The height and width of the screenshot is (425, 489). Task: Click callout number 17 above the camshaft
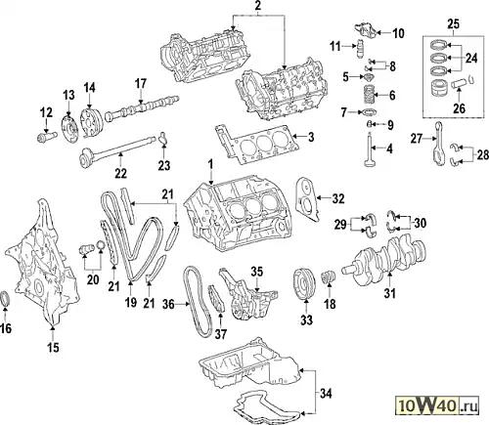[x=141, y=83]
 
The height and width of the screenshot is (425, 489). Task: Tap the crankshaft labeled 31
[x=384, y=257]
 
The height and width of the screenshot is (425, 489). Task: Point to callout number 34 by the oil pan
[x=326, y=394]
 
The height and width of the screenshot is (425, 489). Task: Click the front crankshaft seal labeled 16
[x=6, y=299]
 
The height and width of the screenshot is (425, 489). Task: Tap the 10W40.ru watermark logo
[x=438, y=405]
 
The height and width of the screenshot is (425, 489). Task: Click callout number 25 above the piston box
[x=454, y=23]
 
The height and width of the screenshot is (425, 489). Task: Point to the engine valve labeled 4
[x=369, y=149]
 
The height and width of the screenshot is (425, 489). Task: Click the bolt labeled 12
[x=47, y=136]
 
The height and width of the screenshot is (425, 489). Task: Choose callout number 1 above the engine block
[x=211, y=164]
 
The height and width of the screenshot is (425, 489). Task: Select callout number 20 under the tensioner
[x=93, y=279]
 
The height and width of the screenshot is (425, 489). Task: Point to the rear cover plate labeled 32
[x=309, y=199]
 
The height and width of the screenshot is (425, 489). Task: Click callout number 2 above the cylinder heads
[x=257, y=5]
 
